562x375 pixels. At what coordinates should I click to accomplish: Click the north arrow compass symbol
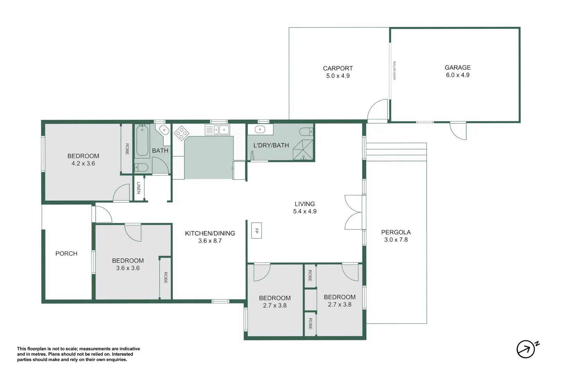pyautogui.click(x=526, y=349)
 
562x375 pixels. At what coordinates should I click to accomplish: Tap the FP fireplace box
pyautogui.click(x=256, y=231)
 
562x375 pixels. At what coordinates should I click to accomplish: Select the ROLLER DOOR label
pyautogui.click(x=394, y=70)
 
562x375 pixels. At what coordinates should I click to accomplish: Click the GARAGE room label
pyautogui.click(x=458, y=68)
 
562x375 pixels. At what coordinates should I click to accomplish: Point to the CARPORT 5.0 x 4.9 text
pyautogui.click(x=338, y=72)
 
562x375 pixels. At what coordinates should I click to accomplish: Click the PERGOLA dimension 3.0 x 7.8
pyautogui.click(x=396, y=240)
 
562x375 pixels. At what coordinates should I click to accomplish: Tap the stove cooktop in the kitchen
pyautogui.click(x=181, y=133)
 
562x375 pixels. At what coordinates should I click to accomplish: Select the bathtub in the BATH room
pyautogui.click(x=142, y=141)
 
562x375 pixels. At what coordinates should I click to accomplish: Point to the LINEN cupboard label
pyautogui.click(x=138, y=188)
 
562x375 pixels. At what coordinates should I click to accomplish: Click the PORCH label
pyautogui.click(x=66, y=253)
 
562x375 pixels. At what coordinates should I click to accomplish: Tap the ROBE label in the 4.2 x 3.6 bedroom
pyautogui.click(x=127, y=149)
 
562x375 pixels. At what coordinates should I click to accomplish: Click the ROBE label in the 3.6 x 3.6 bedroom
pyautogui.click(x=165, y=277)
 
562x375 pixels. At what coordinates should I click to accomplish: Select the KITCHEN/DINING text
pyautogui.click(x=210, y=233)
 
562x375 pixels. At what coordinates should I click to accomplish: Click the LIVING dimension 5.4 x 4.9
pyautogui.click(x=305, y=211)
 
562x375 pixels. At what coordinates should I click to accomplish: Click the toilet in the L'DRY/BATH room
pyautogui.click(x=306, y=132)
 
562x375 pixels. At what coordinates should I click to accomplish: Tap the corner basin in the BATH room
pyautogui.click(x=164, y=130)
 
